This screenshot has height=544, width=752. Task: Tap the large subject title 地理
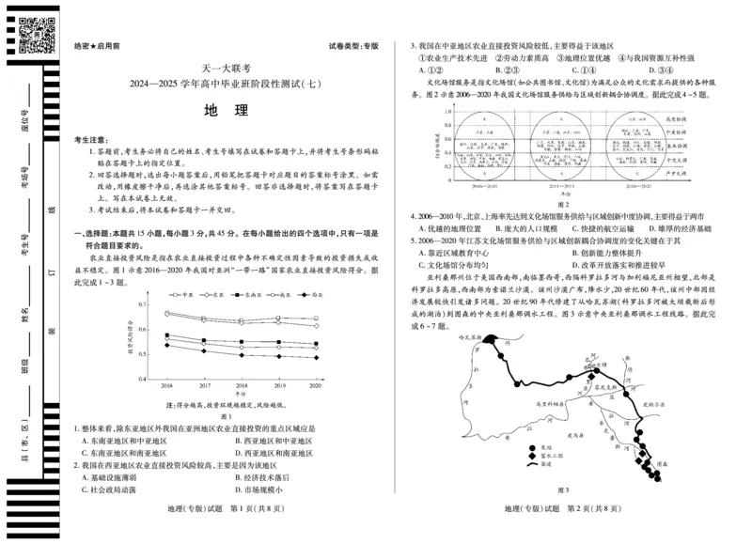[x=226, y=109]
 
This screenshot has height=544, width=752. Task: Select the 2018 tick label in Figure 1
[x=241, y=386]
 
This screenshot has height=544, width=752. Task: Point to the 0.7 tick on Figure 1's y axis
[x=142, y=304]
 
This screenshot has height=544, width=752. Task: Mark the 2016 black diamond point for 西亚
[x=166, y=346]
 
